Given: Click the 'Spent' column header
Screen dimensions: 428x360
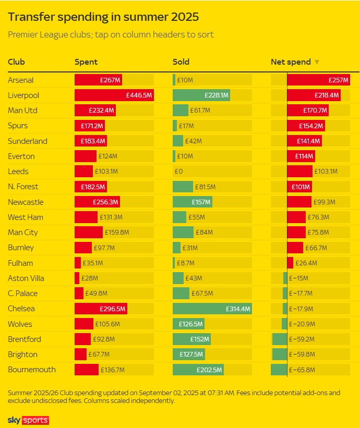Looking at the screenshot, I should tap(86, 62).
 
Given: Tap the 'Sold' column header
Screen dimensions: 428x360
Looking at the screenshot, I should tap(181, 62).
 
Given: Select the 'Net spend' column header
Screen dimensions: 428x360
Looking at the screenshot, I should tap(291, 62).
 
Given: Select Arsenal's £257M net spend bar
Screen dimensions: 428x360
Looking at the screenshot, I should tap(318, 80).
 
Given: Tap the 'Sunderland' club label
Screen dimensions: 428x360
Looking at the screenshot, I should tap(28, 141).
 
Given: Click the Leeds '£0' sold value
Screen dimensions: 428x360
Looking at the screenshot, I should tap(178, 172).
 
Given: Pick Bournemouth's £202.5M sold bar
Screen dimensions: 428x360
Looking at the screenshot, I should tap(198, 370).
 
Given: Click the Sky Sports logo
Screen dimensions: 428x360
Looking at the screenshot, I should tap(28, 420).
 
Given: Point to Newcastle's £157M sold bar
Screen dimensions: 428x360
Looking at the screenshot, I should tap(192, 202).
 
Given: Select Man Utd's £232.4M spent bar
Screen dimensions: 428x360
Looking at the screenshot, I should tap(94, 111).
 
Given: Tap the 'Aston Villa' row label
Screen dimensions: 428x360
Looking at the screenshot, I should tap(26, 278).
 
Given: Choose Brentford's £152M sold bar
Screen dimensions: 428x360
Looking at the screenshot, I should tap(191, 339).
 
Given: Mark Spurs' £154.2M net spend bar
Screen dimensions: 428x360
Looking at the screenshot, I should tap(306, 126).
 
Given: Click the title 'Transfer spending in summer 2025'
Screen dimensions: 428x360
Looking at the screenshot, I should tap(103, 17).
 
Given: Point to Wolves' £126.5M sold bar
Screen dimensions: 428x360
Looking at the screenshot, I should tap(188, 324).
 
